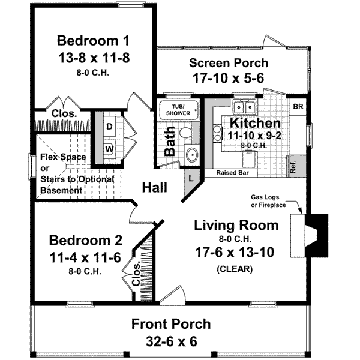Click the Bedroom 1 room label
tap(93, 40)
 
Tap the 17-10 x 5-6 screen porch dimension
tap(229, 78)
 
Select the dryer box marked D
tap(109, 126)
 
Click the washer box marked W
tap(109, 149)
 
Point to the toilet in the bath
tap(185, 133)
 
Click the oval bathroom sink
tap(192, 155)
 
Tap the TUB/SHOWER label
tap(178, 110)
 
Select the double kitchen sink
tap(245, 107)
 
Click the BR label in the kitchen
tap(298, 107)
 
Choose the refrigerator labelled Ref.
tap(298, 166)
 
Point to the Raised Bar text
tap(232, 173)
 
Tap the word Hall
tap(155, 187)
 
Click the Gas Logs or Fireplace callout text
tap(268, 201)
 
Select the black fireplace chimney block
tap(317, 235)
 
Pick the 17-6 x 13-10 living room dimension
tap(235, 252)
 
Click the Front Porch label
tap(171, 324)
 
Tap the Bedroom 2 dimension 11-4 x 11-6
tap(85, 257)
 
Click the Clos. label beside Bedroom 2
tap(136, 274)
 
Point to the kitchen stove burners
tap(217, 133)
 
